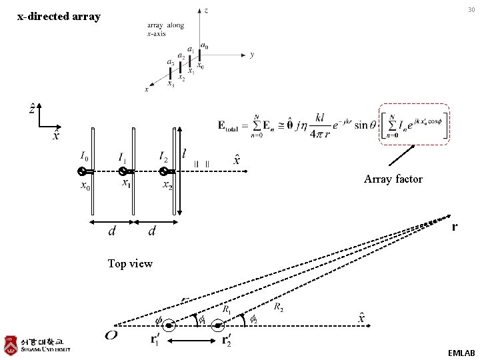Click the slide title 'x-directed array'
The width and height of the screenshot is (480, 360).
[x=59, y=16]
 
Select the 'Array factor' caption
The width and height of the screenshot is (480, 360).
[x=393, y=179]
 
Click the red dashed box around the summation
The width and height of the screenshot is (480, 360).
[x=414, y=123]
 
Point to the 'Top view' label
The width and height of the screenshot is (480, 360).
[x=130, y=264]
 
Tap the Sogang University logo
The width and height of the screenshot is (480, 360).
[x=37, y=345]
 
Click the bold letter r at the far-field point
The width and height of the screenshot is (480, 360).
[x=455, y=227]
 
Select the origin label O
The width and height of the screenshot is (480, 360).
[x=111, y=335]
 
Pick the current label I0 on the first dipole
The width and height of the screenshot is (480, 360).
[x=84, y=157]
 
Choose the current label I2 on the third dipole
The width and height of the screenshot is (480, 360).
[x=164, y=157]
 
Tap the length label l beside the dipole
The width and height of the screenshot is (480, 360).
[x=184, y=154]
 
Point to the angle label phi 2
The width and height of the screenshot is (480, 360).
[x=254, y=321]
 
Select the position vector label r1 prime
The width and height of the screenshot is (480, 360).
[x=153, y=340]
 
